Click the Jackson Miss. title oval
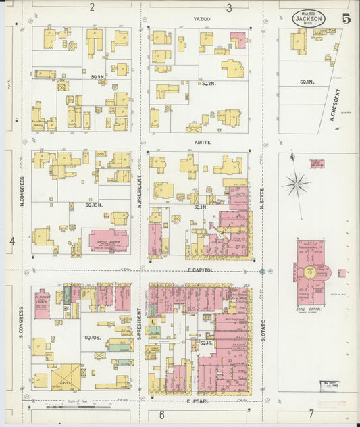309,19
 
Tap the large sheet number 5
346,19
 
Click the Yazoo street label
201,19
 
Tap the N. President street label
140,191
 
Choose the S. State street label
263,331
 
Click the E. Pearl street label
199,401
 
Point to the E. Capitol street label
201,270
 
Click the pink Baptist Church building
108,240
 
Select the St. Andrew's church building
41,301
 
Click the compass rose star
296,183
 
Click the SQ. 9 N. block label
98,77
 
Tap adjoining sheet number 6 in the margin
161,414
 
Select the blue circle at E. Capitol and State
262,272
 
